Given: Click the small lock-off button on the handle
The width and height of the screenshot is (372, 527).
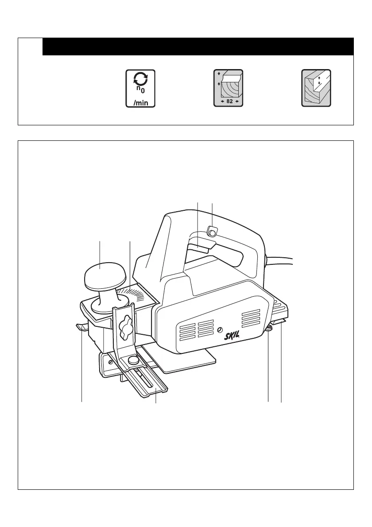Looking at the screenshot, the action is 212,232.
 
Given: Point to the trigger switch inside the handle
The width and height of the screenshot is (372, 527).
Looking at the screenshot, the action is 199,246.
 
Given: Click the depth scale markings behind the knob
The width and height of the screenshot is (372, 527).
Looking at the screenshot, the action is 133,294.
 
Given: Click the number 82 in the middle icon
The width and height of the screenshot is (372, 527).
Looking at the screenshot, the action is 229,102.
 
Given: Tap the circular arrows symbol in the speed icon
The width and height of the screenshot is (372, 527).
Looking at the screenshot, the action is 140,79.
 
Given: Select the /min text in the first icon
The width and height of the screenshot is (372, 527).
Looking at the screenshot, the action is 140,103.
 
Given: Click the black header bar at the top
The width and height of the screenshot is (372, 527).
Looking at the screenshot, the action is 198,46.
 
